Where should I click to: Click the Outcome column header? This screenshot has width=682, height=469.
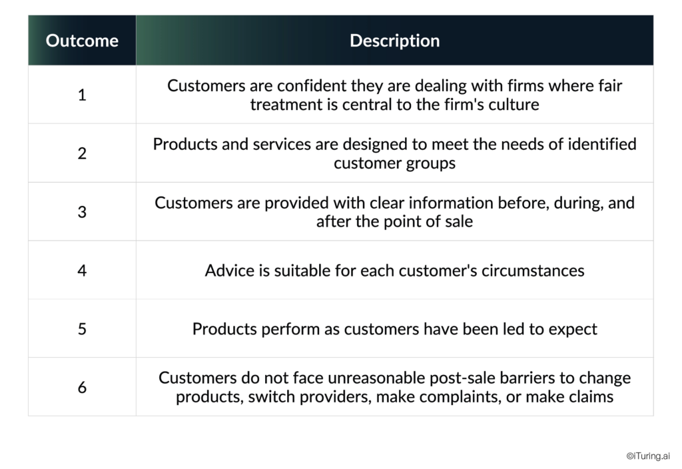[82, 41]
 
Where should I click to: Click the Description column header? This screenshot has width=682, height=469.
[394, 41]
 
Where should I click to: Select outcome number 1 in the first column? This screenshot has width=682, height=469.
[82, 95]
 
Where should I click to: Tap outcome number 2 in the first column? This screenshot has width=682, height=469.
[82, 153]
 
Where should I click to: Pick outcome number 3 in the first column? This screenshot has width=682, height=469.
[82, 212]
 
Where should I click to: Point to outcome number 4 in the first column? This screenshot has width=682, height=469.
[82, 270]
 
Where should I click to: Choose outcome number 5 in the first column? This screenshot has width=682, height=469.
[82, 329]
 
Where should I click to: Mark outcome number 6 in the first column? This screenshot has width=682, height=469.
[82, 387]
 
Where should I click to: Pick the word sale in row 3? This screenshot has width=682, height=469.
[458, 222]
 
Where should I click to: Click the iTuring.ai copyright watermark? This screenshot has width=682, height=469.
[648, 456]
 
